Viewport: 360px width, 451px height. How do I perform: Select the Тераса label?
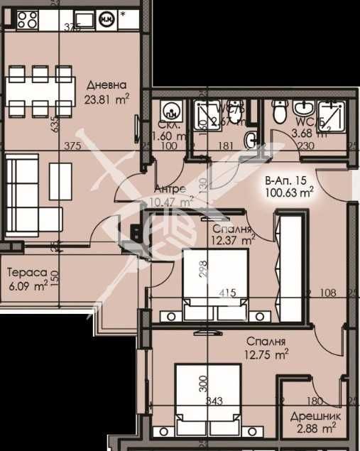27,273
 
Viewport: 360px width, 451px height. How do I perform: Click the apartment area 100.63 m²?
289,192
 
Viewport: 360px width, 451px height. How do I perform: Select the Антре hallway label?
170,190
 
